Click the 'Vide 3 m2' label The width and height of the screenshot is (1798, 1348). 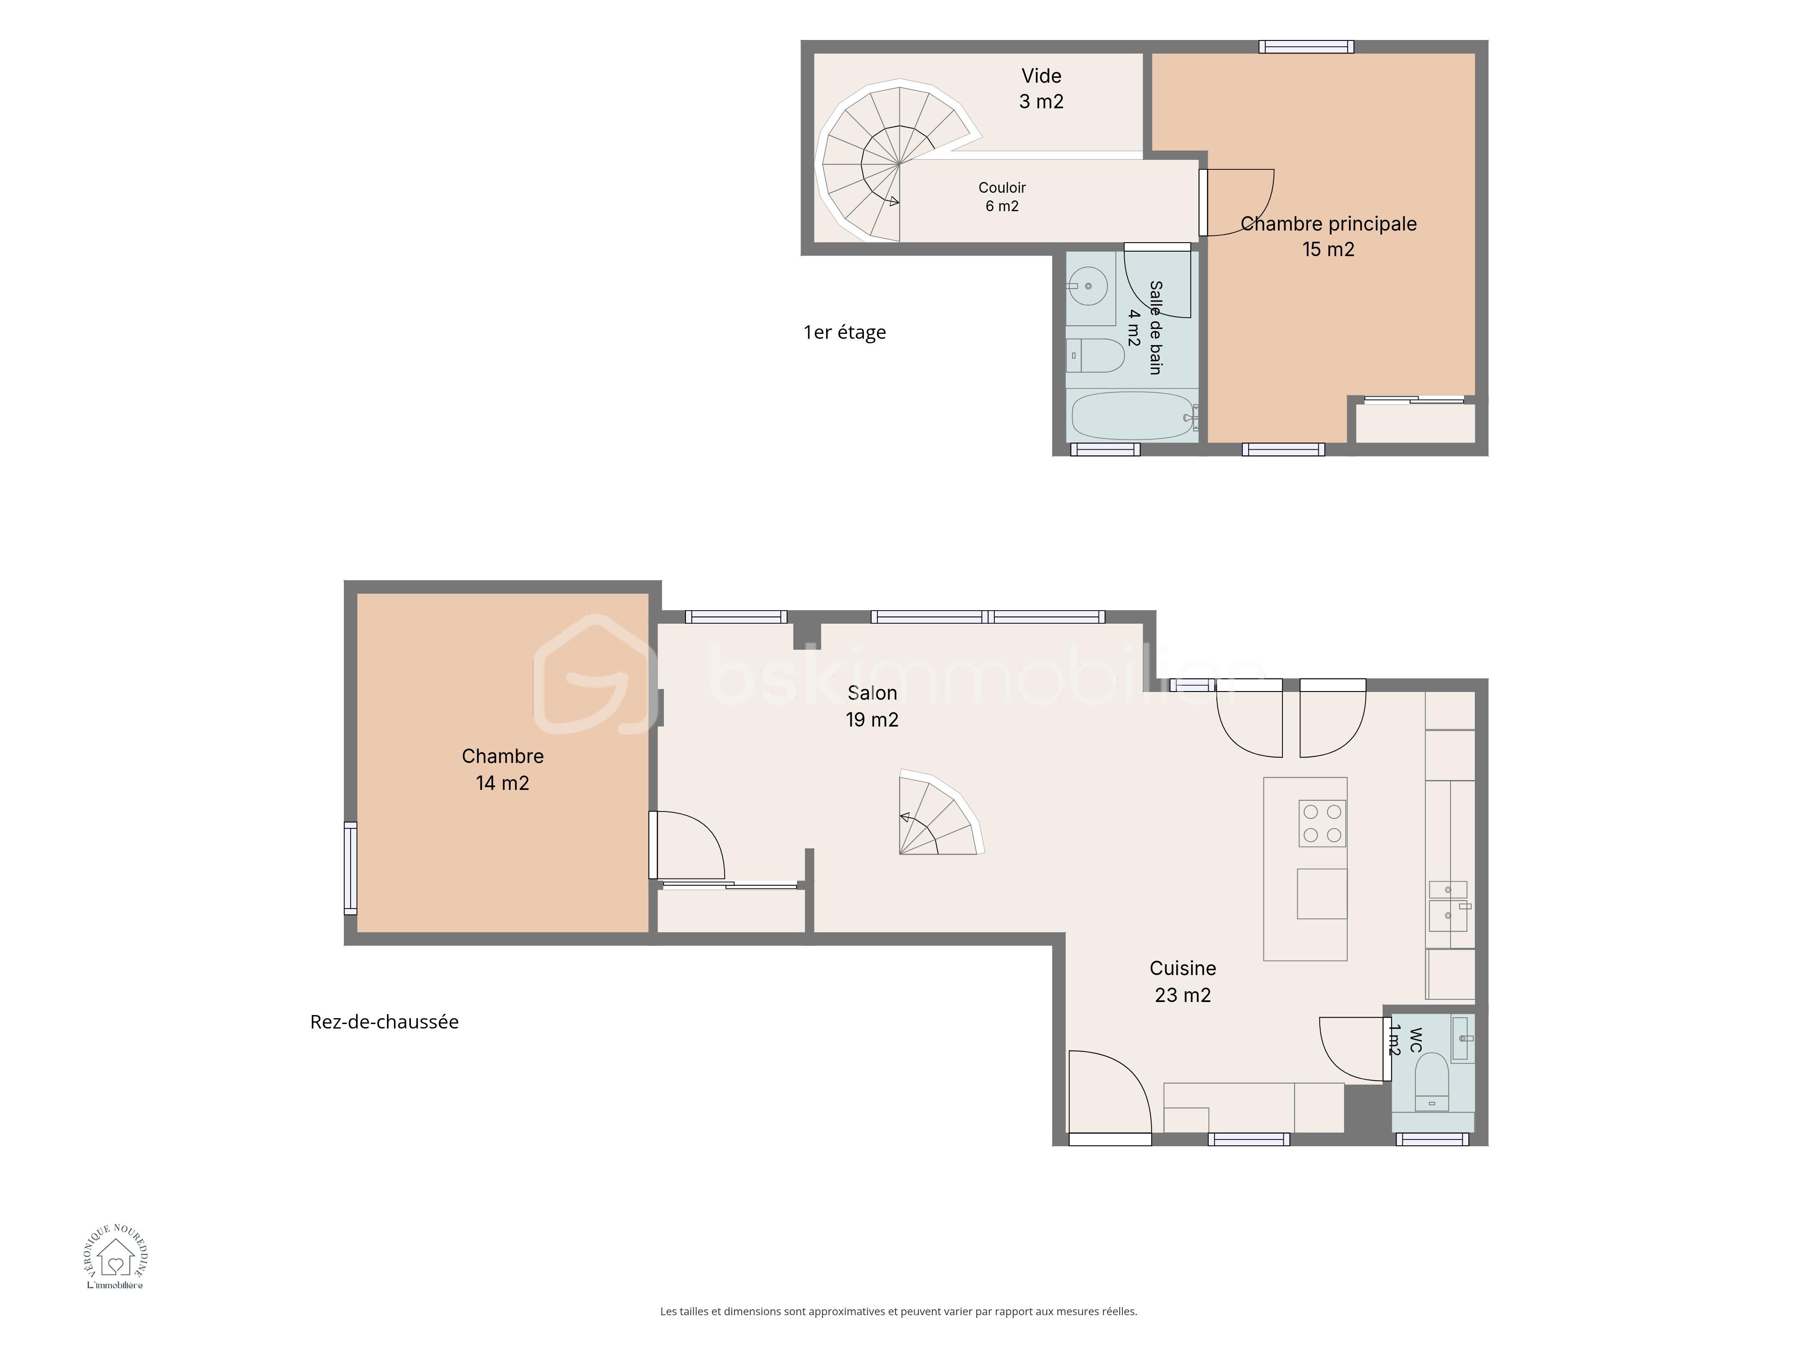click(1041, 89)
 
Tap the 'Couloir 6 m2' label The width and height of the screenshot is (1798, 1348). click(1002, 197)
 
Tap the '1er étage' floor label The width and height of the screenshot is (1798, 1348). click(845, 333)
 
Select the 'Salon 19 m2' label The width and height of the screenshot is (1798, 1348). click(872, 706)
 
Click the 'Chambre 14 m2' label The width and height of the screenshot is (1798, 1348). click(503, 769)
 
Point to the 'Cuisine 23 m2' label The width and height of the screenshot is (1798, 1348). click(1183, 981)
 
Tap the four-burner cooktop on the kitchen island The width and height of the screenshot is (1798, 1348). click(1322, 823)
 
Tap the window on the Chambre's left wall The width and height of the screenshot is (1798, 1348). click(350, 868)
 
